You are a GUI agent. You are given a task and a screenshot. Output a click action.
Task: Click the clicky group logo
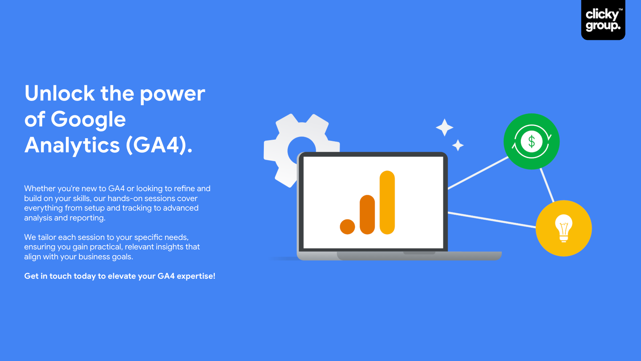[603, 20]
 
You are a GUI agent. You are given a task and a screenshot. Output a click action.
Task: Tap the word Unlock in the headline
[60, 93]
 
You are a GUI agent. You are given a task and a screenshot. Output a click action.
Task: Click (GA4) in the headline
[159, 145]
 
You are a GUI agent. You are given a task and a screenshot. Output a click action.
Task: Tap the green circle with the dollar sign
[532, 142]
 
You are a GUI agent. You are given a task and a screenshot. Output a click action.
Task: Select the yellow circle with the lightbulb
[564, 228]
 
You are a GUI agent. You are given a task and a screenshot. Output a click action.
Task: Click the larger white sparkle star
[444, 127]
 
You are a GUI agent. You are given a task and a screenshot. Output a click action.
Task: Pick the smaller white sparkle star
[458, 145]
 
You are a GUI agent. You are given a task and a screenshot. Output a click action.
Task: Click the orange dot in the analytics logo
[347, 227]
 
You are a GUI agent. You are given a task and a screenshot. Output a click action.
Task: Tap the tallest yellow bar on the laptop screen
[387, 203]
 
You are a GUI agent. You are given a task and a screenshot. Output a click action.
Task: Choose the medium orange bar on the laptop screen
[367, 215]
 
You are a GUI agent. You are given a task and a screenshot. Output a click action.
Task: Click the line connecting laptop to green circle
[478, 173]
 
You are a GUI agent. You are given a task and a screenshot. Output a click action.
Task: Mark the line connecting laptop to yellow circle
[492, 220]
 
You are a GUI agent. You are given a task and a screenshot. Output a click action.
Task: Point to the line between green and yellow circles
[547, 185]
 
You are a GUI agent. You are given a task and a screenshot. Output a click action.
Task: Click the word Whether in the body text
[40, 188]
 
